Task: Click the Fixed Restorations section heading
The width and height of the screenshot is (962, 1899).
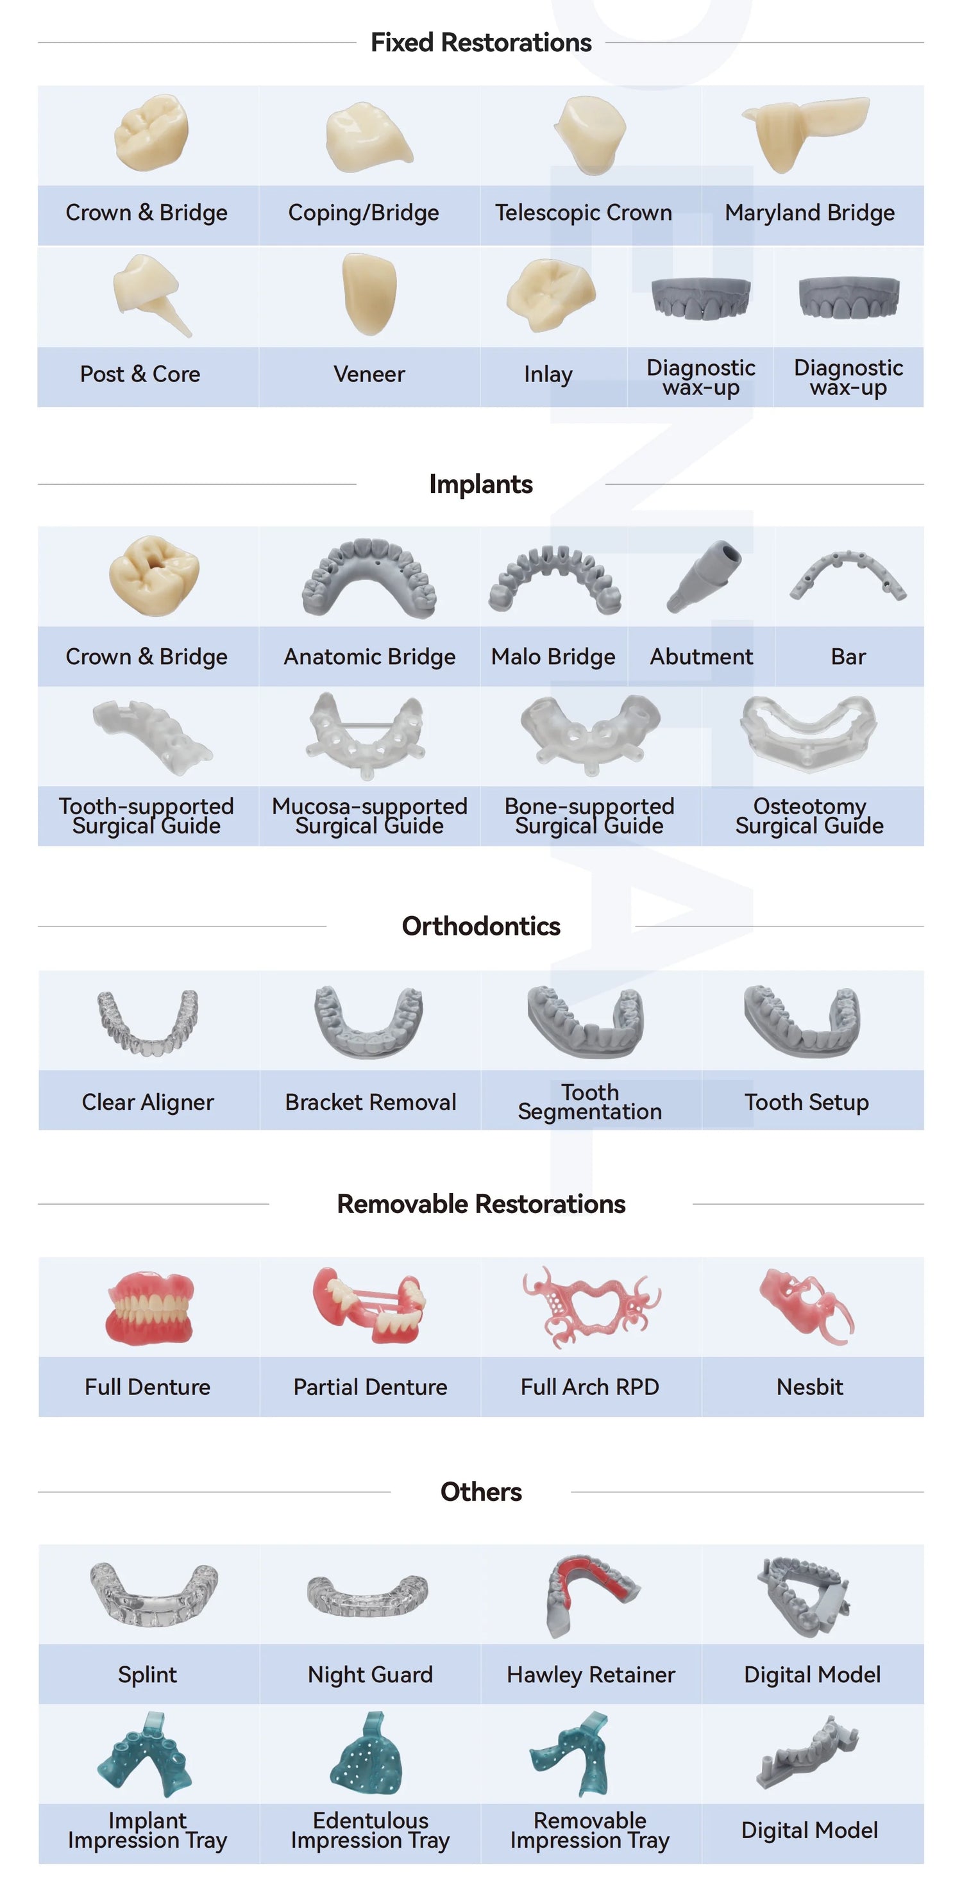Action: click(480, 43)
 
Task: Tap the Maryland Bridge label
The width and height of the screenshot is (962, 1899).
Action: click(809, 213)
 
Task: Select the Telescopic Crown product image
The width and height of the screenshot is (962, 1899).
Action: click(591, 134)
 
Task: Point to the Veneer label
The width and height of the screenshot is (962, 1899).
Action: click(369, 374)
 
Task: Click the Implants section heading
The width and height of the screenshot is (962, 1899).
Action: click(480, 484)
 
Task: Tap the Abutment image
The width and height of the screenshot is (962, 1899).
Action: click(702, 576)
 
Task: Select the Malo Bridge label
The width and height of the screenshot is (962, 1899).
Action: click(553, 657)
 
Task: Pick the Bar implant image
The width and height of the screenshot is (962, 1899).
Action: click(848, 575)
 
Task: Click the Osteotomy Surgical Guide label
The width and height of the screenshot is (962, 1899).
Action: click(809, 816)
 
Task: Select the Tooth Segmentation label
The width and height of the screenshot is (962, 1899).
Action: click(590, 1101)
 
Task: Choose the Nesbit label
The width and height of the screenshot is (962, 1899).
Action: click(809, 1387)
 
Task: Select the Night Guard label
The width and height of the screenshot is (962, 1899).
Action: click(370, 1675)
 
